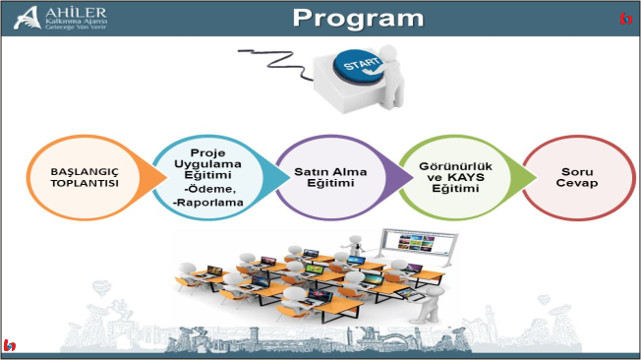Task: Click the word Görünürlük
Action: tap(449, 168)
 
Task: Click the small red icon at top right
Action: tap(625, 19)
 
